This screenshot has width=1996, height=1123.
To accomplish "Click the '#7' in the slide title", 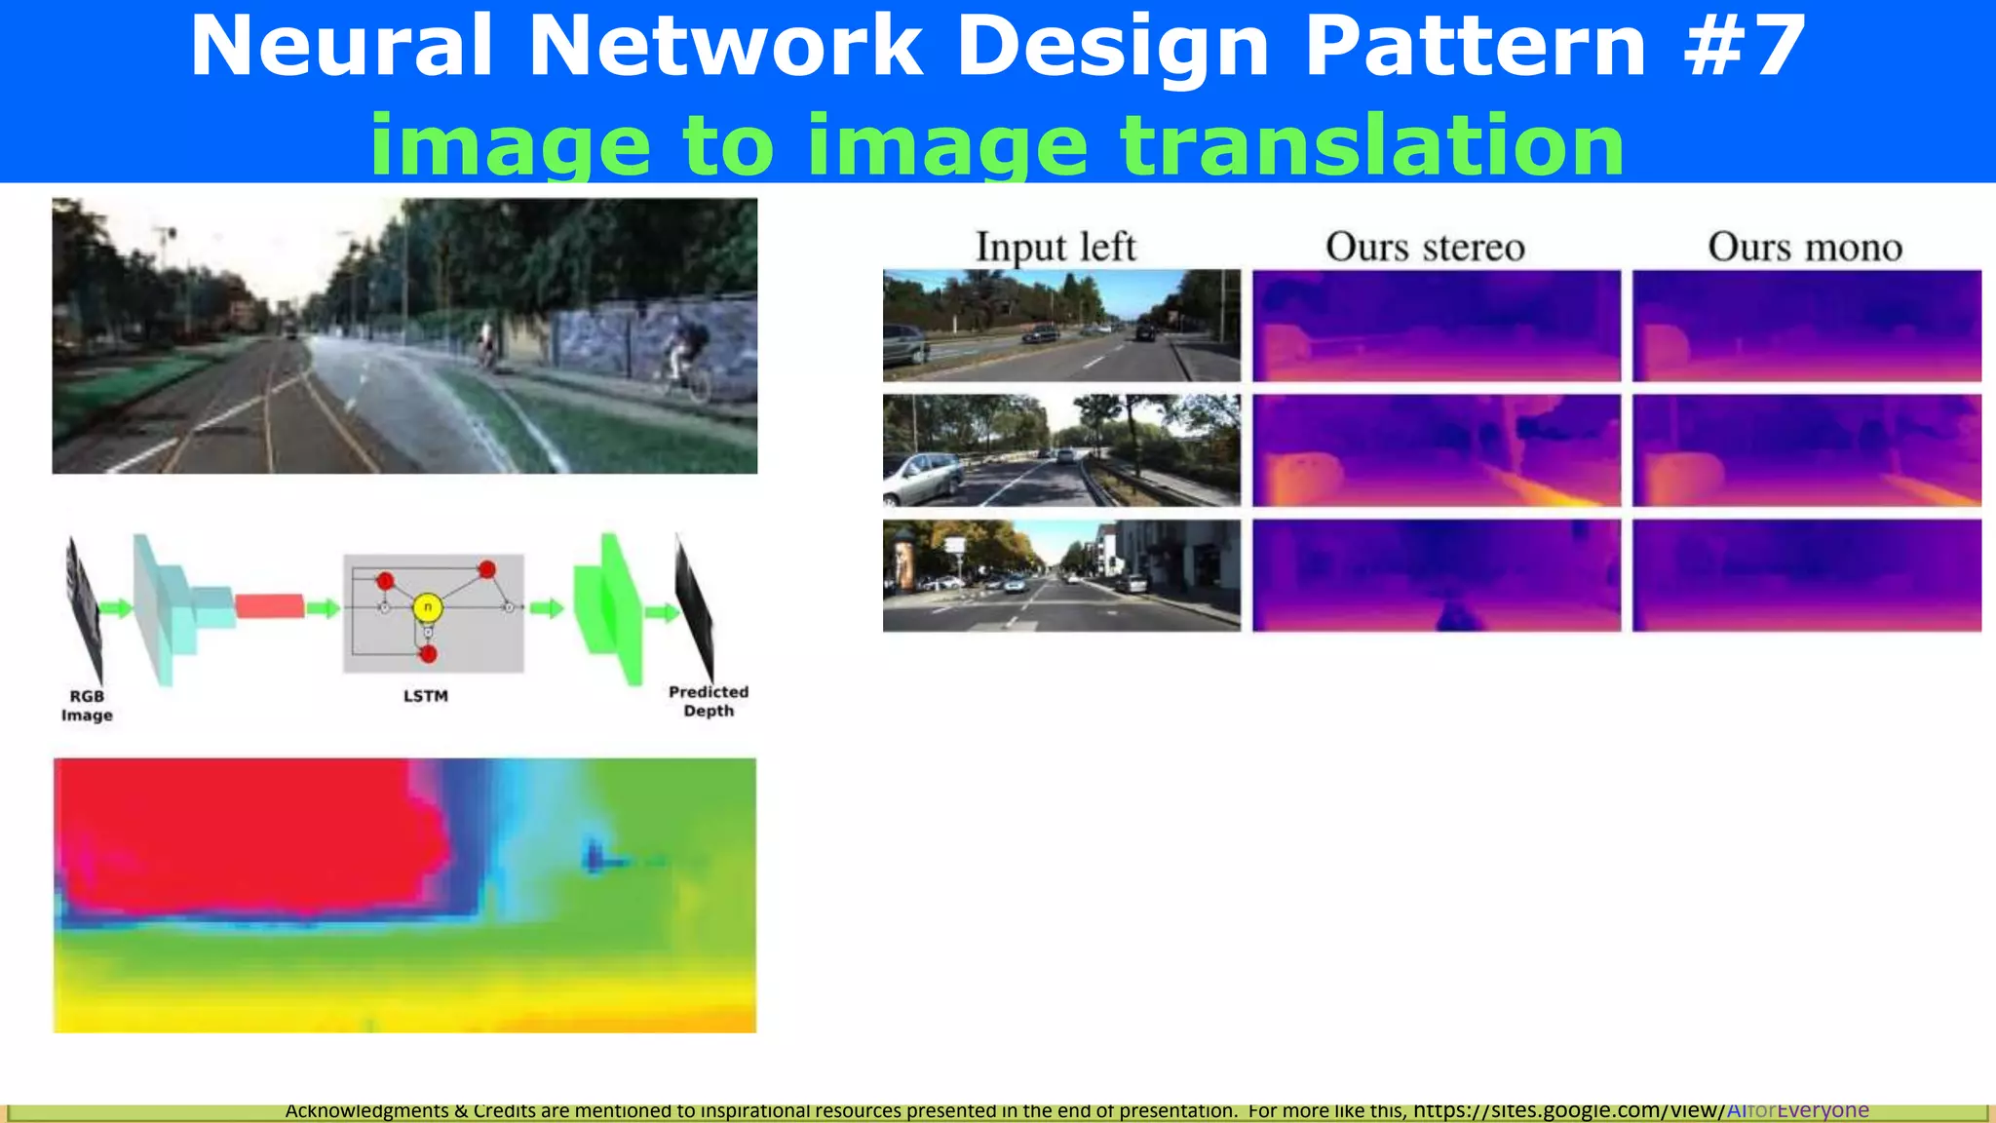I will [x=1745, y=47].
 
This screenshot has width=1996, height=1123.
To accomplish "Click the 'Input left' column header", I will [x=1056, y=247].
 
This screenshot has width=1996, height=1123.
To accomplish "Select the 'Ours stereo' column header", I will [x=1425, y=247].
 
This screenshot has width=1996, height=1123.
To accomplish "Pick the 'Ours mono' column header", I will [x=1805, y=247].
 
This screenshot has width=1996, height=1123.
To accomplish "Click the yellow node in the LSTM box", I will [x=427, y=608].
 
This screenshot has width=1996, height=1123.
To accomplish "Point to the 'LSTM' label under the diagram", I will [x=426, y=696].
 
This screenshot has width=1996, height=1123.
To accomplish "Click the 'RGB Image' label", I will [x=87, y=706].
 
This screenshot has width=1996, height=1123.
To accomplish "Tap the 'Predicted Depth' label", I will [x=709, y=701].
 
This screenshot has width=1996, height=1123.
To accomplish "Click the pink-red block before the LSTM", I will [x=269, y=606].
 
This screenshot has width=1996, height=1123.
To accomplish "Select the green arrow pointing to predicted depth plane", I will [x=662, y=612].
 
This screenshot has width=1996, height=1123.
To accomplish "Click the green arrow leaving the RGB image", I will [x=116, y=608].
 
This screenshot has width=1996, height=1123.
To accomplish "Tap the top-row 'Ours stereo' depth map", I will [x=1436, y=326].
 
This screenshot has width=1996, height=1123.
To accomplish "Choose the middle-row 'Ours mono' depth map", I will [x=1806, y=450].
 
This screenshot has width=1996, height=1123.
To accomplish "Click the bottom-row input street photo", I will [x=1061, y=575].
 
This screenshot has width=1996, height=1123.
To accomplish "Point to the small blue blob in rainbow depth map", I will [x=595, y=857].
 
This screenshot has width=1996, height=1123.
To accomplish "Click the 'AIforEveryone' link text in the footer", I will [x=1797, y=1110].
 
